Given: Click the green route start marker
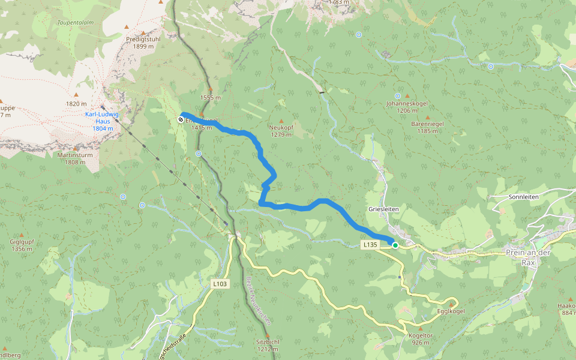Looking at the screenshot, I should point(395,245).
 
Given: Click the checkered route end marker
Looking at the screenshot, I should point(181,120).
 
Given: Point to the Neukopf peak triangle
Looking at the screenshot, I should point(281,121).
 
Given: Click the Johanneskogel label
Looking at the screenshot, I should point(407,103).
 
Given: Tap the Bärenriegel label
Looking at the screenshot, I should point(427,124).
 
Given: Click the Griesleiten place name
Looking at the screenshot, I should point(383,209).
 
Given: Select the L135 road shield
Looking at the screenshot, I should point(370,245).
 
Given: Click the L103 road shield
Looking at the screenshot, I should point(220,283).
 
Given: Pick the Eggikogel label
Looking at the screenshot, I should point(451,311).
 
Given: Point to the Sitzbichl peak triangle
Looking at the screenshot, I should point(267,335).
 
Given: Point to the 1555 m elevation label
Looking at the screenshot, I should point(211,97).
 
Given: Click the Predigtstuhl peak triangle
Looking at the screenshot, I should point(126,27).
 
